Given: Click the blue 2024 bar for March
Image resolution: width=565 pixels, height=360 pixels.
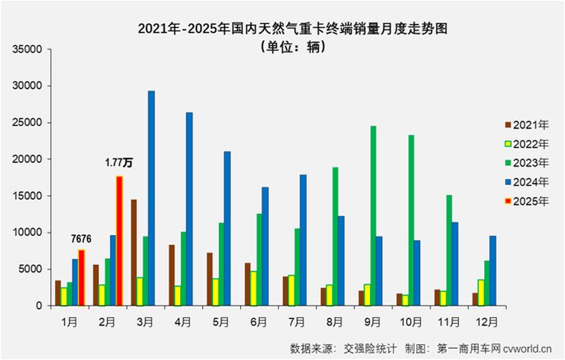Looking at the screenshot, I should tap(151, 198).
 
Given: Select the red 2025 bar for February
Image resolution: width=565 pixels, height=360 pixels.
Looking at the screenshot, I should tap(119, 241).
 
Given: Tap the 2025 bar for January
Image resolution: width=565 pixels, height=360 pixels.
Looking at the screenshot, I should tap(81, 277).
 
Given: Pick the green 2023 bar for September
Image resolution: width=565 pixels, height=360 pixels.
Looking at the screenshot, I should tap(373, 216).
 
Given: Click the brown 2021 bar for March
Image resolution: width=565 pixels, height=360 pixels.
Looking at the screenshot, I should tap(133, 253).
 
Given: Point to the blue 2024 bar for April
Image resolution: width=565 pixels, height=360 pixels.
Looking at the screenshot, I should tap(189, 209).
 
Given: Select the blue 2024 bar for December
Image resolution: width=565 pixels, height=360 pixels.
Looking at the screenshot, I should tap(492, 270).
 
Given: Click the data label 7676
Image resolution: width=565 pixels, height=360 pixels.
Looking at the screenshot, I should tap(82, 240).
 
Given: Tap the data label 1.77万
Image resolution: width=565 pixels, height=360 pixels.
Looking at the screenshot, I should tap(119, 163).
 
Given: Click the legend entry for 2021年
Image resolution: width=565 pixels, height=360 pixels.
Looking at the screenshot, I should tap(525, 126).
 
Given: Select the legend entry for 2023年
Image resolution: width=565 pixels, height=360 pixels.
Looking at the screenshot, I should tap(525, 163).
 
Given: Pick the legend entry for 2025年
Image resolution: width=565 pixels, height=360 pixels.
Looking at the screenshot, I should tap(525, 201).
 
